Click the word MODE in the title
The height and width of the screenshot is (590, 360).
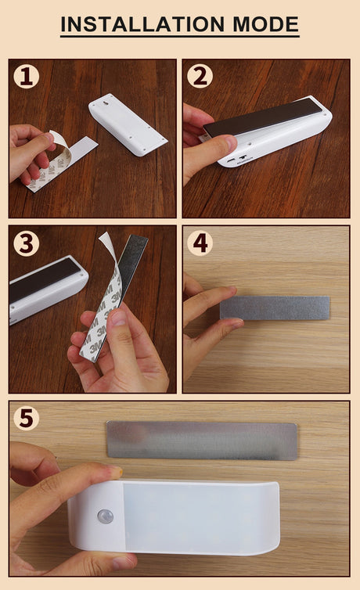265,24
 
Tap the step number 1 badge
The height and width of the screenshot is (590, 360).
26,76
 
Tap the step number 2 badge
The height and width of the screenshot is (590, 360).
200,76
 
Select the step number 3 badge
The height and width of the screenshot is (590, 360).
26,243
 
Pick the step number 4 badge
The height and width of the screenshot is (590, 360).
200,243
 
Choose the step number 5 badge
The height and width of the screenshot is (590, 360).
26,418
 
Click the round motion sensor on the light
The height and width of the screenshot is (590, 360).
106,516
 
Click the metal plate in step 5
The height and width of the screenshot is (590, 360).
202,441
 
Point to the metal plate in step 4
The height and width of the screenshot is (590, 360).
275,308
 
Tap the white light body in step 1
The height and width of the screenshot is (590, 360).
128,124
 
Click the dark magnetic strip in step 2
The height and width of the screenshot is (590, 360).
263,117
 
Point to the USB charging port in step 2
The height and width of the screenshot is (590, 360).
229,161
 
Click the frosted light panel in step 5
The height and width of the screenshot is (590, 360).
200,517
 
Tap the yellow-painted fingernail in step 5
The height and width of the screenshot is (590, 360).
117,470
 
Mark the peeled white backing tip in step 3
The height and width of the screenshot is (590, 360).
105,239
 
